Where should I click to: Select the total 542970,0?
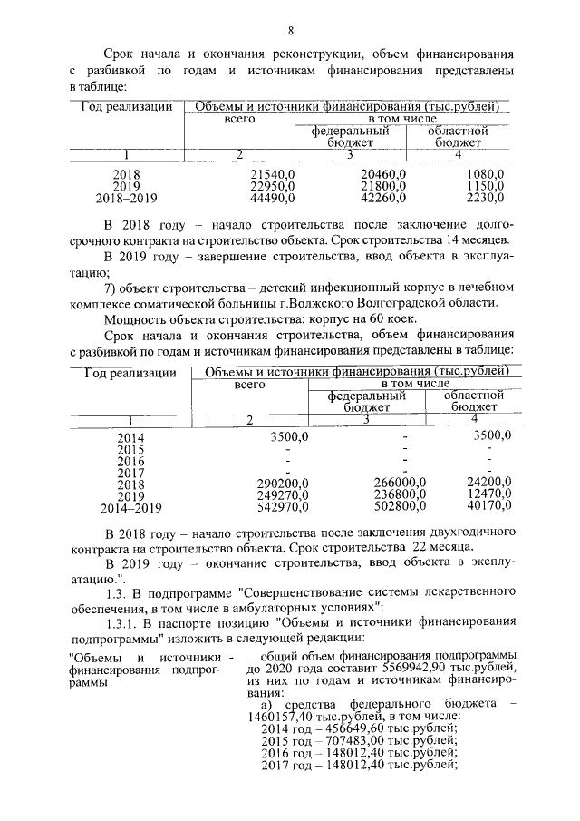pos(283,506)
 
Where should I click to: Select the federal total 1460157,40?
pos(277,716)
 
